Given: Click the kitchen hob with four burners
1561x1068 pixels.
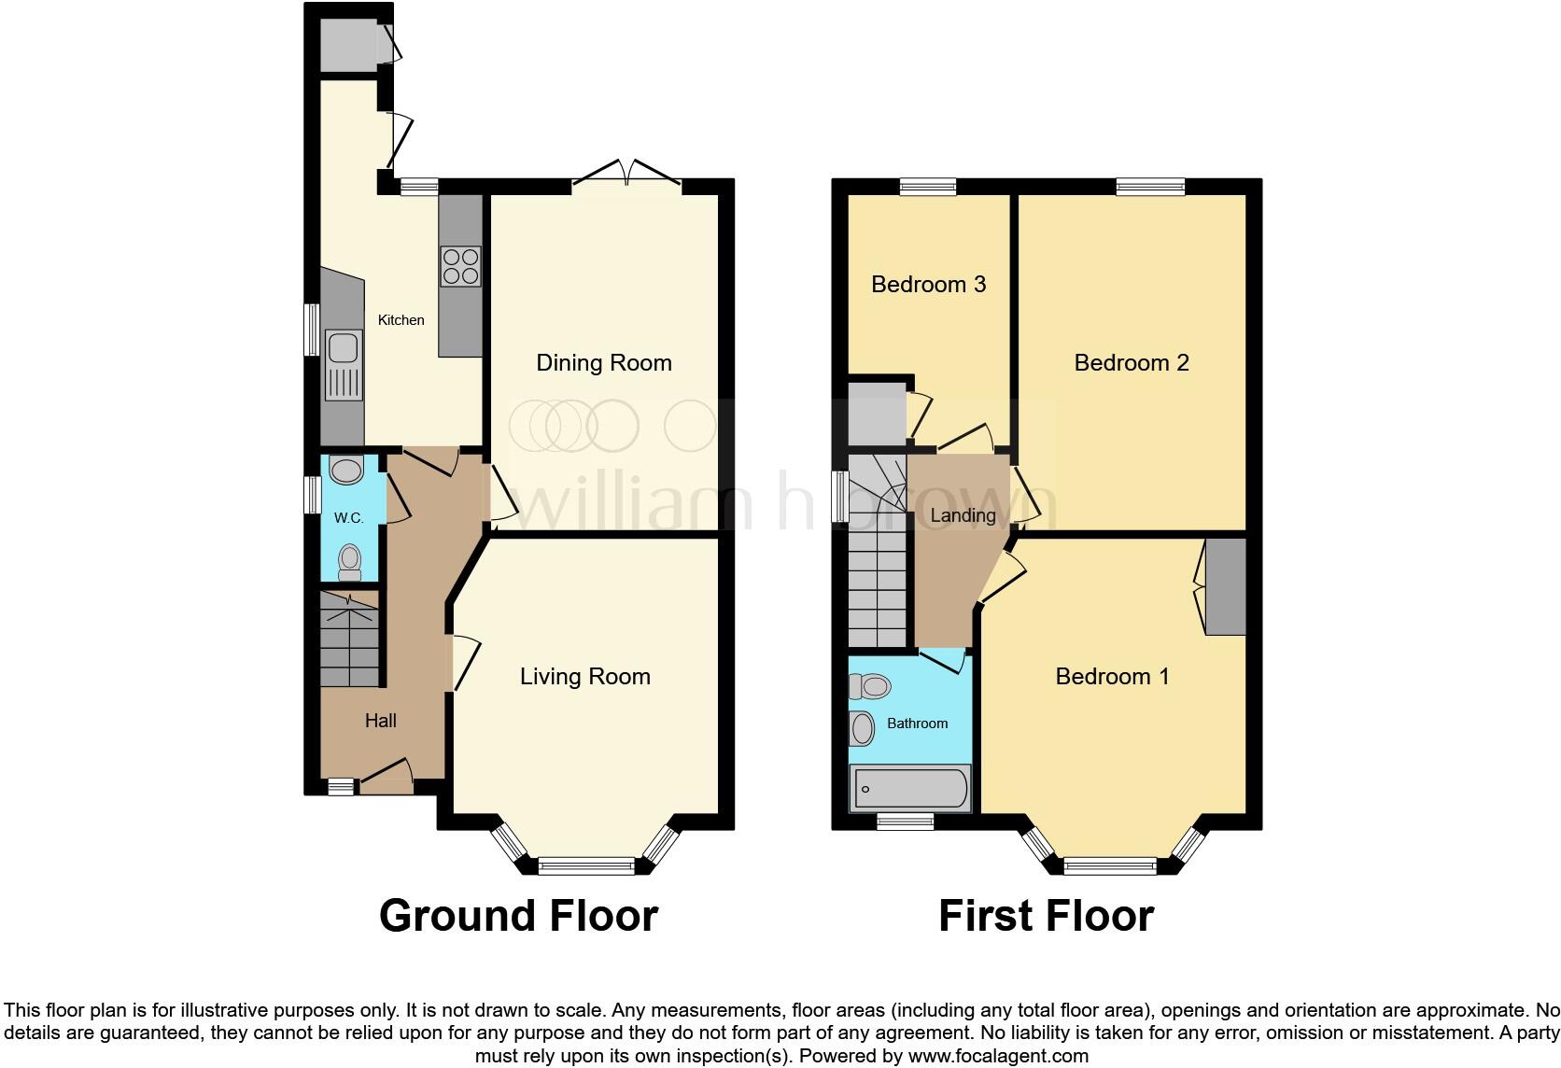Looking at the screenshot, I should [x=460, y=265].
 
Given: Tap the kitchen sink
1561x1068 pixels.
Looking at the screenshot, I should [x=343, y=364].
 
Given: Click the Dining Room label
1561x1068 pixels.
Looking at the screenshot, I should [x=604, y=363].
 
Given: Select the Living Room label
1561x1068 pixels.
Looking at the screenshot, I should [x=585, y=677].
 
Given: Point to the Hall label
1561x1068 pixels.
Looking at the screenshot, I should [x=381, y=721].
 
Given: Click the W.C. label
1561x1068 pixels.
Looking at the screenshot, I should [x=349, y=518].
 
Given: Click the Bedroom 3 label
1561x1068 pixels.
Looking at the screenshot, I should [x=928, y=285].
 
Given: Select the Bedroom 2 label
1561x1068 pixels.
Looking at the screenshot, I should [x=1132, y=363].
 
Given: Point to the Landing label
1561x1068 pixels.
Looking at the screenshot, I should [x=963, y=515].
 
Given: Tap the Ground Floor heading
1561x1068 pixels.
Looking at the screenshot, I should [x=518, y=916].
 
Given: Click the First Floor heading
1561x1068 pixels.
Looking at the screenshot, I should [x=1046, y=916].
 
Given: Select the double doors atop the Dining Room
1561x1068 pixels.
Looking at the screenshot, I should [x=627, y=175].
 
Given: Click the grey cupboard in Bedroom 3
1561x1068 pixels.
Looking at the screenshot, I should [x=877, y=412].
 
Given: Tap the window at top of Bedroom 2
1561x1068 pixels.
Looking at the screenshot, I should [x=1150, y=187].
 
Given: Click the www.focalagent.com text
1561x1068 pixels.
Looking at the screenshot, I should [x=998, y=1057].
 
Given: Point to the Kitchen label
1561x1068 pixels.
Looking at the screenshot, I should [x=401, y=320].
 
